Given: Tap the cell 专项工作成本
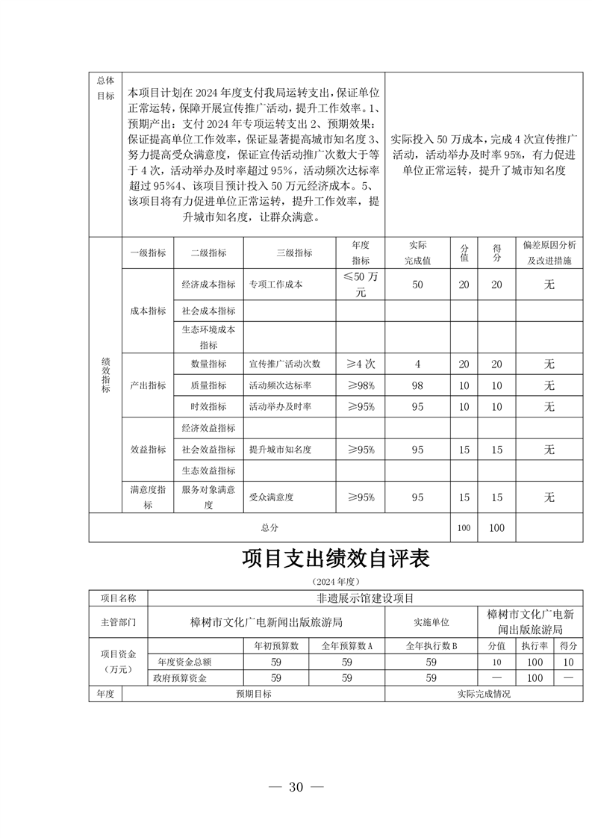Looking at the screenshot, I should [x=275, y=285].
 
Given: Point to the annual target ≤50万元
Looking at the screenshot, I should [x=361, y=285].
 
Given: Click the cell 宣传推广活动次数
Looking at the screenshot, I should [x=284, y=364].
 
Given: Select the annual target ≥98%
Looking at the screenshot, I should [x=361, y=385].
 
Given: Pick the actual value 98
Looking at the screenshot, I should [x=417, y=385].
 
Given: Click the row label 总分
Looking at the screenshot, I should [x=269, y=527].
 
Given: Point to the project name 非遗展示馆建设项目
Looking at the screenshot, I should [x=365, y=598].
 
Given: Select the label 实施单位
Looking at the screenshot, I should [x=431, y=621].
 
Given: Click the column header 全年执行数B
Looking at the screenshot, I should [x=431, y=645].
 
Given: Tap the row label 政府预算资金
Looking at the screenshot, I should [x=179, y=678].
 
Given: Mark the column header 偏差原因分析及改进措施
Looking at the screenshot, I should [x=549, y=253].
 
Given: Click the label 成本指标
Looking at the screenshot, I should [x=148, y=310].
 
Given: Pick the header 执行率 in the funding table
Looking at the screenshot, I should [x=534, y=645].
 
